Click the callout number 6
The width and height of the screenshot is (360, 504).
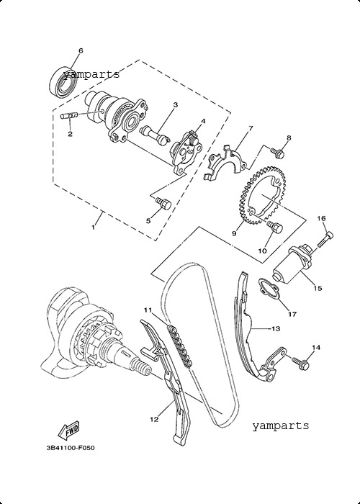pos(81,50)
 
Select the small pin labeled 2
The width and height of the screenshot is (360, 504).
pos(69,115)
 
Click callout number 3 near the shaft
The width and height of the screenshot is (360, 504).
pos(175,105)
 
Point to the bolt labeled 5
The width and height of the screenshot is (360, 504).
pos(163,204)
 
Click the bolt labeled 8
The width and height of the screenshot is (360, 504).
pos(278,153)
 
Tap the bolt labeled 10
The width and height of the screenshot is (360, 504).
pos(275,227)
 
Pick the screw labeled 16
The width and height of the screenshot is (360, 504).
pos(325,240)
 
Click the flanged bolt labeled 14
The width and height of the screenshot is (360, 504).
pos(301,362)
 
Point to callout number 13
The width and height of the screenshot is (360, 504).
pos(276,328)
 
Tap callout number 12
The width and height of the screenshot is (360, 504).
pos(154,420)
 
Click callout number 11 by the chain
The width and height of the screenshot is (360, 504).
pos(148,310)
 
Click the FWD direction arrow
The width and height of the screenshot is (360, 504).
pos(68,430)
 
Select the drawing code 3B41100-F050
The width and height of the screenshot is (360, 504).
pos(71,448)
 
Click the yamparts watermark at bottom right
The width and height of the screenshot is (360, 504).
pos(280,426)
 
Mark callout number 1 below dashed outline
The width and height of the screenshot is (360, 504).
pos(93,228)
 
